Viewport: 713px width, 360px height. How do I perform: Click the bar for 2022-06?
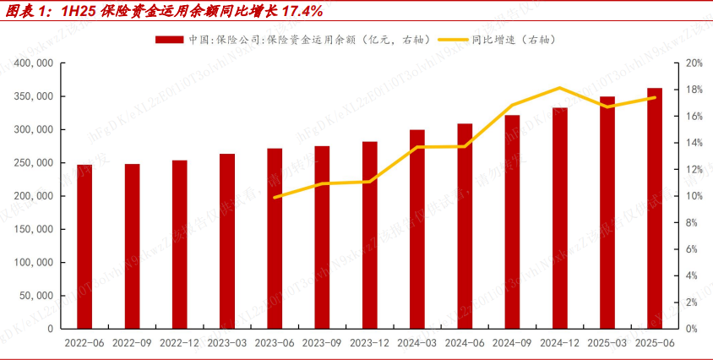[x=84, y=246]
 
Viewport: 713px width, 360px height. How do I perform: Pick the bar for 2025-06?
[x=655, y=208]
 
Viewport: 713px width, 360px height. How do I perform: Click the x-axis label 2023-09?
[x=322, y=344]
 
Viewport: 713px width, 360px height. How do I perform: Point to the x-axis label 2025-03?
[x=607, y=344]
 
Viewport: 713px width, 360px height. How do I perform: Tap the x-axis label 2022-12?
[x=179, y=344]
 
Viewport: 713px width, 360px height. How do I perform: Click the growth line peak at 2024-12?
[x=560, y=88]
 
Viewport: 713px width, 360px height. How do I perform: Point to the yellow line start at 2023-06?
[x=275, y=197]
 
